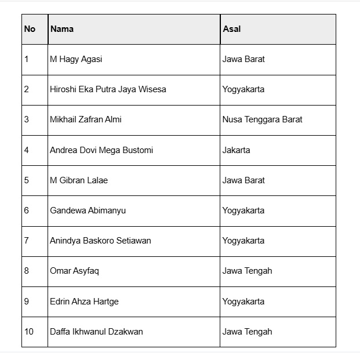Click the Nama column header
click(x=62, y=29)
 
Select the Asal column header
click(x=231, y=29)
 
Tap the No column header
click(x=30, y=29)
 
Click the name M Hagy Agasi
click(x=76, y=59)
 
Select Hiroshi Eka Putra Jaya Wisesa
click(x=108, y=89)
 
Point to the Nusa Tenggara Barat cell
click(x=262, y=119)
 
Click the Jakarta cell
click(x=236, y=150)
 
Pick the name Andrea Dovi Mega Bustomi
click(x=101, y=150)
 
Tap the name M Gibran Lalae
click(x=79, y=180)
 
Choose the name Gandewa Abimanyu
click(x=88, y=210)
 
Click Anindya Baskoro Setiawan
click(x=100, y=241)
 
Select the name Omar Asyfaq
click(x=74, y=271)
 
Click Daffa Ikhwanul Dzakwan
click(x=96, y=332)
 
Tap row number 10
click(x=29, y=332)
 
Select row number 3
click(x=27, y=119)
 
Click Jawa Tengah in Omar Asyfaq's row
click(x=247, y=271)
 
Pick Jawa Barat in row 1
click(x=243, y=59)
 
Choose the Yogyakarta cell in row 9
click(x=243, y=302)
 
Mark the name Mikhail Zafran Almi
click(x=86, y=119)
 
